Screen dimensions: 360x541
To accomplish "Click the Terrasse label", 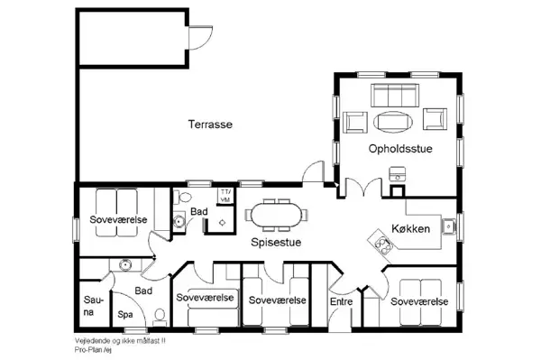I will (x=211, y=125).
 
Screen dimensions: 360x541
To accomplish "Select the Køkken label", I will (x=410, y=229).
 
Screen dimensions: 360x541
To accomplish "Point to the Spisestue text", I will (x=276, y=243).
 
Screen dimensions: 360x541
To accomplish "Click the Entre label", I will (x=341, y=301).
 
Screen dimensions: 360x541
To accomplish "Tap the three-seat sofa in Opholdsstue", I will (x=397, y=93).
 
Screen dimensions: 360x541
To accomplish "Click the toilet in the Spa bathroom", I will (x=159, y=316).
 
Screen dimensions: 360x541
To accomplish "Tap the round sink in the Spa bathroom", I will (x=125, y=264).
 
